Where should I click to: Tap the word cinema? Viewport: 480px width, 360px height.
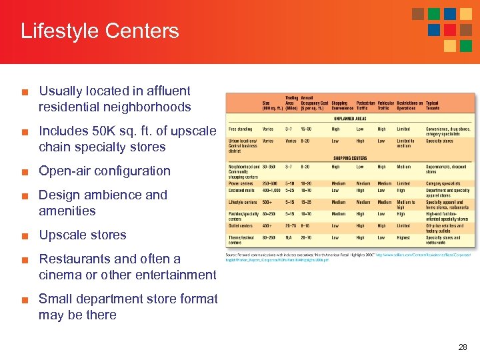(60, 275)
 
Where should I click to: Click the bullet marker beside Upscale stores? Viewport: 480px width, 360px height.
(25, 235)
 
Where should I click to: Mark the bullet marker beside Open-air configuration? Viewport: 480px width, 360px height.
(25, 171)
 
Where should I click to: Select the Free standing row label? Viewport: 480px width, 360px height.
(241, 129)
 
